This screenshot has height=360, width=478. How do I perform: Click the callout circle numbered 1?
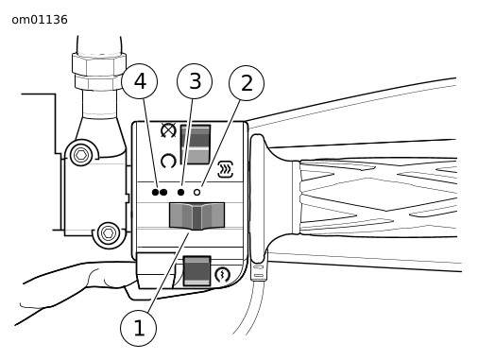click(x=139, y=328)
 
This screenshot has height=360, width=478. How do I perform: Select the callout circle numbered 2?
click(x=247, y=83)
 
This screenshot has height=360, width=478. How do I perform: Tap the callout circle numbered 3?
click(x=195, y=81)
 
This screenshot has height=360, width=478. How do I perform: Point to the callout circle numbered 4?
click(x=140, y=81)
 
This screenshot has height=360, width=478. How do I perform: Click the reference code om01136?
click(x=40, y=20)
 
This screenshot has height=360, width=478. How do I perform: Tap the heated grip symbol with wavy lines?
click(x=226, y=169)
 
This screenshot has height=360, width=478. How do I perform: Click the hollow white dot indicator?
click(x=196, y=192)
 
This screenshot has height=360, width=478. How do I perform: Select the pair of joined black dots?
click(x=160, y=192)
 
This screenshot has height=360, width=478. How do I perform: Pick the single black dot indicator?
click(x=180, y=192)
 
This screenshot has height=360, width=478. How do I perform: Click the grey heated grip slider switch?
click(x=196, y=216)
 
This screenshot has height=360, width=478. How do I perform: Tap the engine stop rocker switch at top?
click(x=196, y=145)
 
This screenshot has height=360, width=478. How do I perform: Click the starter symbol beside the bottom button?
click(x=222, y=275)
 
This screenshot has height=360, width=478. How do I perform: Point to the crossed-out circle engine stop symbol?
click(x=168, y=130)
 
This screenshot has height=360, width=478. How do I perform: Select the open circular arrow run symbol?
click(x=168, y=161)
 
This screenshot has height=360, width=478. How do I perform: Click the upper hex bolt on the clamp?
click(x=81, y=155)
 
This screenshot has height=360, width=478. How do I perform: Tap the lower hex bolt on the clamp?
click(x=109, y=233)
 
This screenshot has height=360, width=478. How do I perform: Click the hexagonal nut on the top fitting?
click(x=99, y=65)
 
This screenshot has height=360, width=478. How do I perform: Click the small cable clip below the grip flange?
click(x=259, y=272)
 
